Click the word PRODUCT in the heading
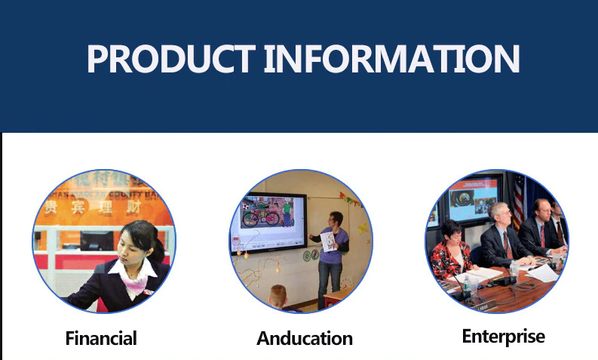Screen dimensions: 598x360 click(171, 59)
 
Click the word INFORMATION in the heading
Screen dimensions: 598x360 click(391, 59)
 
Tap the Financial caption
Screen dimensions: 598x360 click(101, 338)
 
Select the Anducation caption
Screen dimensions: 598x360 click(305, 338)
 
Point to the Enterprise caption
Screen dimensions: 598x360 click(504, 337)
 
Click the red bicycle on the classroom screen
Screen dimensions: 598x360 click(261, 216)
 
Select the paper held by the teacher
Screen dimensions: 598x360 click(327, 242)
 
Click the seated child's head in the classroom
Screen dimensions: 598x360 click(278, 297)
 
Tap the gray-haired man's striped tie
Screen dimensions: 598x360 click(508, 245)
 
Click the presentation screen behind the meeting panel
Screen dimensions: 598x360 click(473, 198)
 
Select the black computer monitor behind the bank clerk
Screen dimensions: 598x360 click(97, 241)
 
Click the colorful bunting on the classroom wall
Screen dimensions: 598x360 click(350, 199)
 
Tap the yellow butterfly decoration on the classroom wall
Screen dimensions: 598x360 click(362, 228)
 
